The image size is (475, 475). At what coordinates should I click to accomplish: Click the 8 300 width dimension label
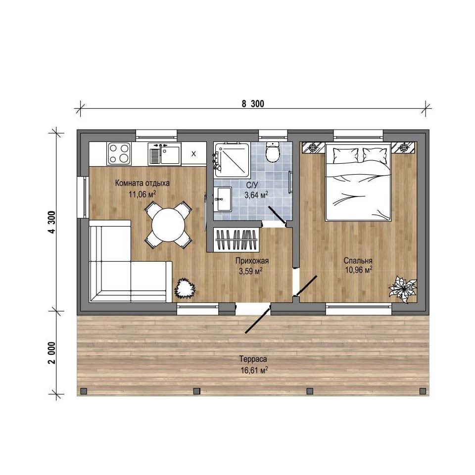[x=253, y=104]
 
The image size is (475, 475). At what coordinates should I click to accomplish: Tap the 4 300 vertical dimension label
[x=52, y=222]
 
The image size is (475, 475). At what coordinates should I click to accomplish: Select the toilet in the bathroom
[x=273, y=151]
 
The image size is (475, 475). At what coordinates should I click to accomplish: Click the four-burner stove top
[x=119, y=153]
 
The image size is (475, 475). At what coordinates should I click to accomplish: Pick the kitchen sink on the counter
[x=164, y=153]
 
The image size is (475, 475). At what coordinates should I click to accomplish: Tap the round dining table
[x=168, y=225]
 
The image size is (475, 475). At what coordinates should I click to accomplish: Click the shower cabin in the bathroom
[x=232, y=160]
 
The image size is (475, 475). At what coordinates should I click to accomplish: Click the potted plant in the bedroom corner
[x=403, y=289]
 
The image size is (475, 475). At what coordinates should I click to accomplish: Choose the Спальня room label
[x=358, y=261]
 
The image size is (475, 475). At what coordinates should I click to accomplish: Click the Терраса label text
[x=253, y=359]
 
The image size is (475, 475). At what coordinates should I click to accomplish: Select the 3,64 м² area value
[x=256, y=195]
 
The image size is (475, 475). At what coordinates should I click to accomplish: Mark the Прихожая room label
[x=252, y=261]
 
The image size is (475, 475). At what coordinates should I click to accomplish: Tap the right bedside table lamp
[x=403, y=148]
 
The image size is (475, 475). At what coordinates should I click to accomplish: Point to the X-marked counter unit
[x=193, y=154]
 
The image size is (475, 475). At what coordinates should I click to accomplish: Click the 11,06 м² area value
[x=142, y=194]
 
